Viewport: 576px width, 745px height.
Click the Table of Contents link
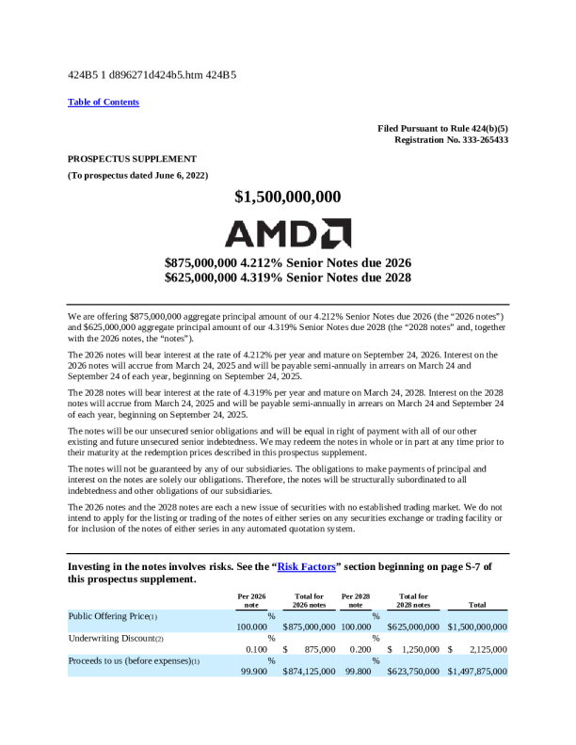104,102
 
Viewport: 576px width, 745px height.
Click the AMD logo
288,231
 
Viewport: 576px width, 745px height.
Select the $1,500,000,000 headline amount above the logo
288,197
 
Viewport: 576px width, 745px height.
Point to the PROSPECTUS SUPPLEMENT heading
132,158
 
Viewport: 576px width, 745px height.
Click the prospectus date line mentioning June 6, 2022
137,176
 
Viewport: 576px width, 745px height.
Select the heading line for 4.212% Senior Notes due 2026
288,262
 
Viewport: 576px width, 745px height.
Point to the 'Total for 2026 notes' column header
309,600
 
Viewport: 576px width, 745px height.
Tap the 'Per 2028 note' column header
356,600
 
